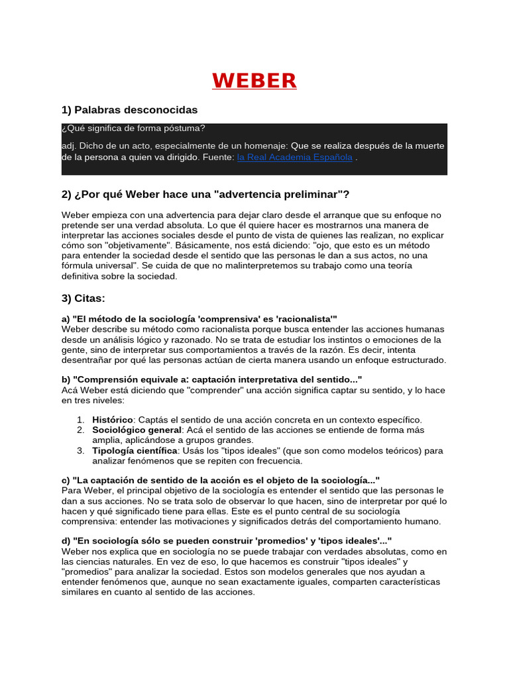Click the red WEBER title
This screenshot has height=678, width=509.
point(254,81)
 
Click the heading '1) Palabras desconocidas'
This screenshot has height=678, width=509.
point(129,109)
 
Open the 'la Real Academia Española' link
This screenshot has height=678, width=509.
point(294,158)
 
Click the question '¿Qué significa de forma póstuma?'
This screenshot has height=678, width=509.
point(133,128)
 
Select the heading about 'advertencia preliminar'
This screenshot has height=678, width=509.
point(205,194)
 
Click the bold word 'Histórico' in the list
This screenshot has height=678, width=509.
point(113,420)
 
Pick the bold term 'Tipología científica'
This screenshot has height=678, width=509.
point(135,450)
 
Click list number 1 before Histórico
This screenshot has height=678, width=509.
point(80,420)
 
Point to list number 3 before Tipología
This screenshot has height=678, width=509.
point(80,450)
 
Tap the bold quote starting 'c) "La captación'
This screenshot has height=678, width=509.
point(220,479)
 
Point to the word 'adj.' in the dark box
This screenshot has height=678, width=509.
point(70,146)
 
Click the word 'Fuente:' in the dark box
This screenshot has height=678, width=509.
point(218,158)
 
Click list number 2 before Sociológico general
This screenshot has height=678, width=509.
point(80,430)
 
